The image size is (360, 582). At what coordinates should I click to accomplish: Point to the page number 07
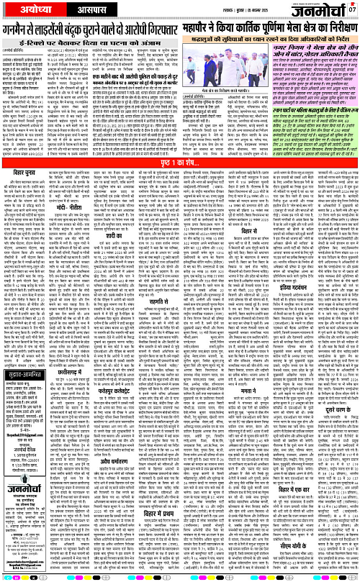tap(352, 9)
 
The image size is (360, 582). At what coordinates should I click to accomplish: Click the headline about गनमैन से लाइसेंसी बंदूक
tap(104, 31)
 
